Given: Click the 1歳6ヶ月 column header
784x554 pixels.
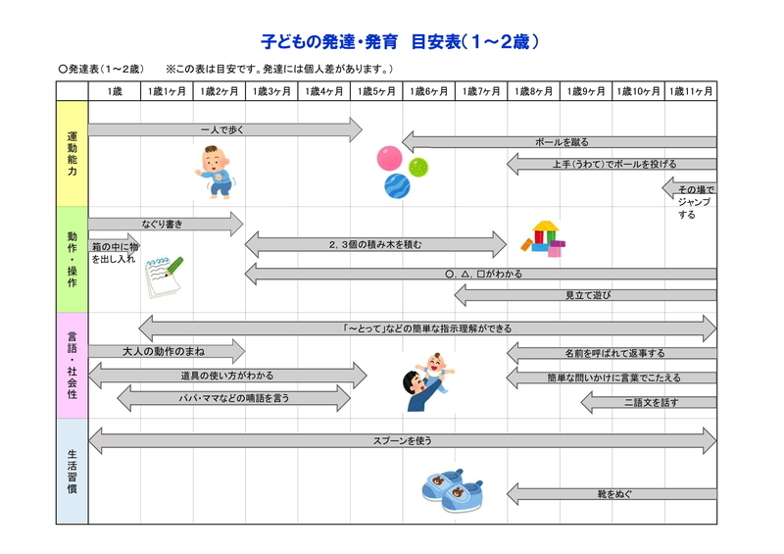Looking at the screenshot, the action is tap(428, 91).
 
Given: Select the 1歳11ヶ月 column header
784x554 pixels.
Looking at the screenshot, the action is tap(691, 91).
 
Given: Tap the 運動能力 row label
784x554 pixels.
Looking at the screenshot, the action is tap(72, 154).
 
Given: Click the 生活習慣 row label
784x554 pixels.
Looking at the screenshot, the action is tap(72, 472).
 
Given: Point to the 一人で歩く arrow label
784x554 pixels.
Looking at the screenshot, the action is tap(222, 129).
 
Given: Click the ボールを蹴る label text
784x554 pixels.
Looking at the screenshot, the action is tap(562, 142).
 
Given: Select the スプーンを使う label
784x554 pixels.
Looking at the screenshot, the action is tap(403, 441).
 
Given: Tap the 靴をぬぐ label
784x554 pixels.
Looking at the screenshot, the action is tap(614, 494).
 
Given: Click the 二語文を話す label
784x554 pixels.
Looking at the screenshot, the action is tap(651, 402).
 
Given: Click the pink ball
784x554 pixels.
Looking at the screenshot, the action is tap(389, 158).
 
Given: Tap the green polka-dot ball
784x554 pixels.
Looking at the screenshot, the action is tap(418, 167).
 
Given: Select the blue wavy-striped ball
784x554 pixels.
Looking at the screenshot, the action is tap(397, 186).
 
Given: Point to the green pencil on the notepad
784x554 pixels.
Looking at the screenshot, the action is tap(174, 267).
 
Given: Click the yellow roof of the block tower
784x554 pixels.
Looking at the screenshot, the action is tap(546, 227).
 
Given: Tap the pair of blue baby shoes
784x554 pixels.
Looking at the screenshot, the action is tap(453, 491).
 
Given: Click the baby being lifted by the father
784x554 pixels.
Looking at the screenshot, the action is tap(434, 369).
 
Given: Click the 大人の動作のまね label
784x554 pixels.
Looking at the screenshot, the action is tap(164, 352).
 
